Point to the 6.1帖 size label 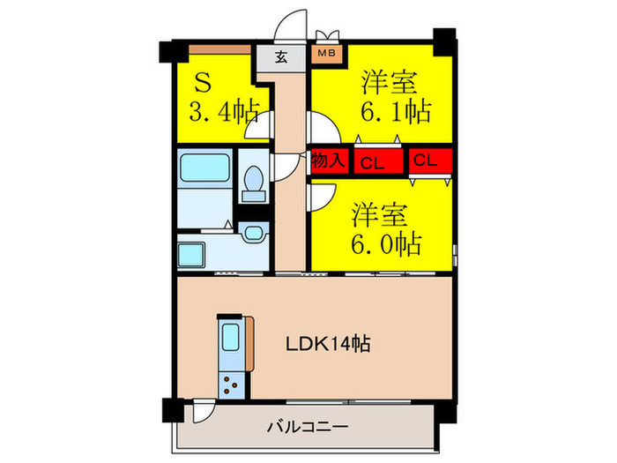click(x=395, y=111)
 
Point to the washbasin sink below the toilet click(x=252, y=234)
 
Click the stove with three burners click(x=232, y=382)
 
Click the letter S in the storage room click(x=202, y=85)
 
